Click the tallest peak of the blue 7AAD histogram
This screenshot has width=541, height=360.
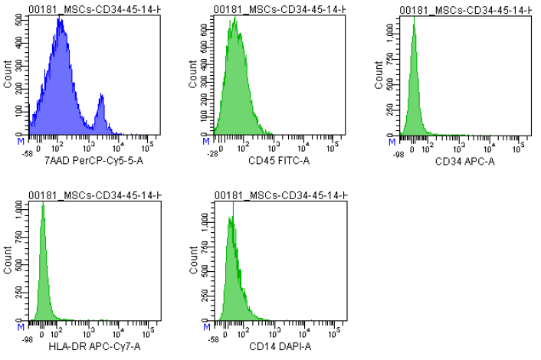coord(60,20)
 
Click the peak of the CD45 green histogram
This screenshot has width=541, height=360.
coord(234,18)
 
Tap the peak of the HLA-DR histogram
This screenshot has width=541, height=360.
coord(43,204)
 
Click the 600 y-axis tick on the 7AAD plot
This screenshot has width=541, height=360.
coord(20,19)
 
